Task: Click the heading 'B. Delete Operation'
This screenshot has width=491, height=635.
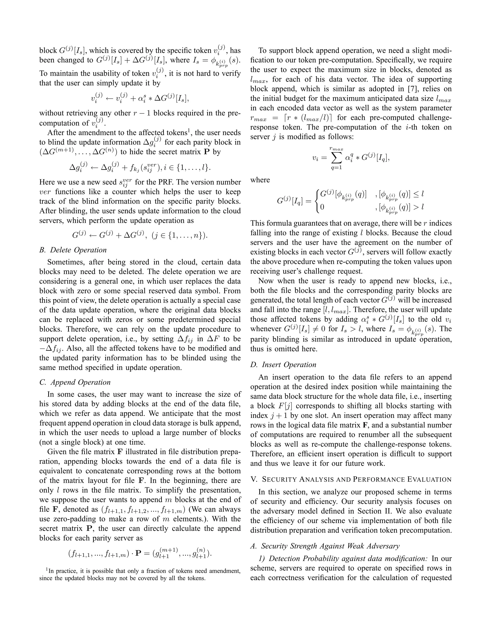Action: click(73, 250)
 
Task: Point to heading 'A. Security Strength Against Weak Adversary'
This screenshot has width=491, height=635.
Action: click(325, 546)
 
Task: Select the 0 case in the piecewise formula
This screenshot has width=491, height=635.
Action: click(322, 207)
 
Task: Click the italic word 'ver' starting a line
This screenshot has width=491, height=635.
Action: click(45, 192)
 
